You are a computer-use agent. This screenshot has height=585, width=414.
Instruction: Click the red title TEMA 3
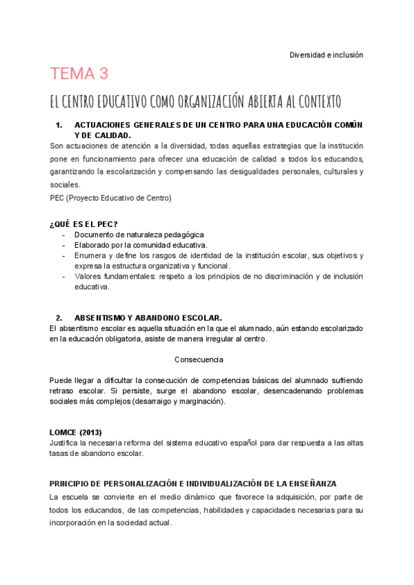coord(79,74)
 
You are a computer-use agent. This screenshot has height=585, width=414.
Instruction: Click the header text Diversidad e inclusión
coord(326,54)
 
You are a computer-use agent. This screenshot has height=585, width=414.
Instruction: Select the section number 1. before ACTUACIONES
coord(59,125)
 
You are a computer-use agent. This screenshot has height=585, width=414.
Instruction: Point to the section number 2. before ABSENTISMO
coord(59,318)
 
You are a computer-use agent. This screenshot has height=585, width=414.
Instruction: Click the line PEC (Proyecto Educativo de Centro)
coord(110,197)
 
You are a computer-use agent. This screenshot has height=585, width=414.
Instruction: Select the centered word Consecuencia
coord(199,359)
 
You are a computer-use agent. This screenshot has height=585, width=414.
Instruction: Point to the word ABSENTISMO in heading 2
coord(99,318)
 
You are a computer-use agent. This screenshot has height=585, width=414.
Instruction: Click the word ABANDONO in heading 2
coord(159,318)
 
